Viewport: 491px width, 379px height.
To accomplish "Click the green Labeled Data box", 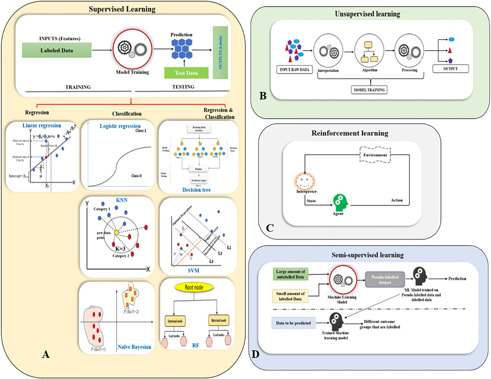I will pyautogui.click(x=57, y=50).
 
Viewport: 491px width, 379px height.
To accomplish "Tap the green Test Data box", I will pyautogui.click(x=186, y=73).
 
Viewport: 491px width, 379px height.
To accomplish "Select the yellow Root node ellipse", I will pyautogui.click(x=194, y=287).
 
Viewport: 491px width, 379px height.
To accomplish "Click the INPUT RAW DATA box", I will pyautogui.click(x=294, y=70).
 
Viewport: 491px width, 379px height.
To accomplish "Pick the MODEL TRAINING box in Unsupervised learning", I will pyautogui.click(x=369, y=90).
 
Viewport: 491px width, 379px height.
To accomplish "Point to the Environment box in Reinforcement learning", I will pyautogui.click(x=375, y=155).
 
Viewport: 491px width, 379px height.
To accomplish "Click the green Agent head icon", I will pyautogui.click(x=340, y=202).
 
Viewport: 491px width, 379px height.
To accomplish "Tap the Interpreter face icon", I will pyautogui.click(x=305, y=181).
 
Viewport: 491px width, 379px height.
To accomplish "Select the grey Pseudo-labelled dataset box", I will pyautogui.click(x=385, y=279).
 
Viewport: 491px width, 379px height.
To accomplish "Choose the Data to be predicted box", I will pyautogui.click(x=293, y=323).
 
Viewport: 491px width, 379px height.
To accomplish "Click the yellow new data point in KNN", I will pyautogui.click(x=116, y=233).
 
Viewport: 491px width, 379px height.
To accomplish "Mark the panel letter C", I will pyautogui.click(x=270, y=228).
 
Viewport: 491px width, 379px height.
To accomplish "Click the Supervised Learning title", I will pyautogui.click(x=122, y=9).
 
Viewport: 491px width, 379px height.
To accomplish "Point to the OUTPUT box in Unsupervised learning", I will pyautogui.click(x=450, y=69).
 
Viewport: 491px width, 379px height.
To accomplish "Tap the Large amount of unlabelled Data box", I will pyautogui.click(x=290, y=274).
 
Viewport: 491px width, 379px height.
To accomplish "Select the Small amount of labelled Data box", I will pyautogui.click(x=290, y=296).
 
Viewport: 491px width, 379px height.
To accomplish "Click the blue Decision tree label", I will pyautogui.click(x=197, y=190).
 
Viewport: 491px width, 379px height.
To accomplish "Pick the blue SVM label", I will pyautogui.click(x=193, y=271).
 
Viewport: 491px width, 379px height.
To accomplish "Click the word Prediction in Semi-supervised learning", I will pyautogui.click(x=457, y=279).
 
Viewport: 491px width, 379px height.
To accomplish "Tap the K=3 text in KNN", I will pyautogui.click(x=120, y=249).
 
